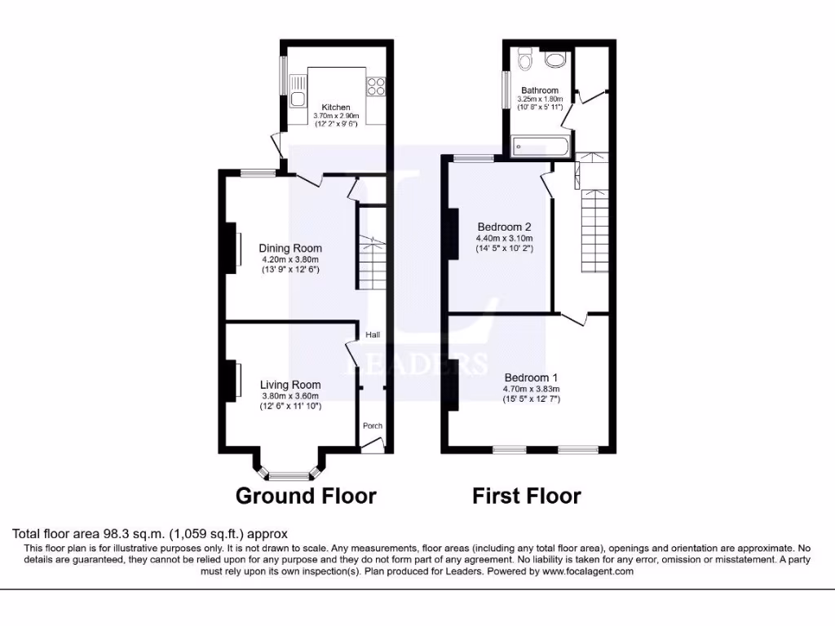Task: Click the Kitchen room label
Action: (335, 107)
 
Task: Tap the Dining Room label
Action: (290, 249)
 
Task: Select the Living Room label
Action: (290, 385)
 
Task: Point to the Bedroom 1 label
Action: (531, 378)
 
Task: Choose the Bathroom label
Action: (540, 90)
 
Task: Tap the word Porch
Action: (372, 425)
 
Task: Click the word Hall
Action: (372, 335)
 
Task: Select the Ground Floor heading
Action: (306, 496)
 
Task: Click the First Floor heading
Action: (526, 496)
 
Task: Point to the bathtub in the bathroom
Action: (538, 148)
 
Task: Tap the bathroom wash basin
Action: (556, 60)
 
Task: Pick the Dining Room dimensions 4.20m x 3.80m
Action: (290, 259)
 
